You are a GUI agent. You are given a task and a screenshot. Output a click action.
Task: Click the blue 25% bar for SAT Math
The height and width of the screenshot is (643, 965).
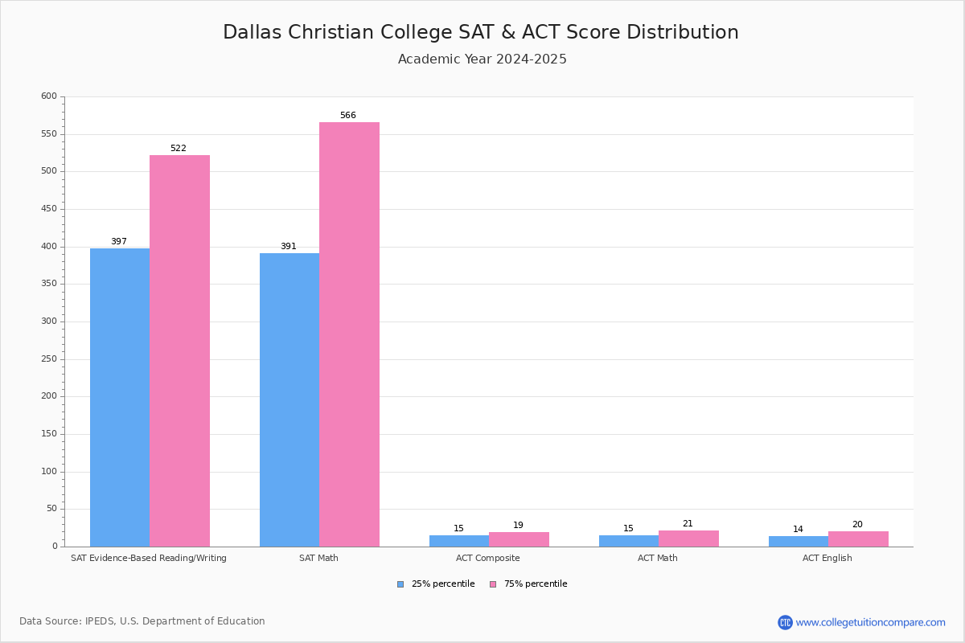tap(289, 399)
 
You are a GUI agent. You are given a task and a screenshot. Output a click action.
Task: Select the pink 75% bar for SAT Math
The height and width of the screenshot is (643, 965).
tap(349, 334)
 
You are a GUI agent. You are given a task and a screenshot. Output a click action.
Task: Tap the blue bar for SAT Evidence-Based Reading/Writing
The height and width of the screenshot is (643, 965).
tap(120, 398)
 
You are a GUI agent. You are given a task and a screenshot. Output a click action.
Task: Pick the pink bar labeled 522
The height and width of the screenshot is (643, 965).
tap(179, 351)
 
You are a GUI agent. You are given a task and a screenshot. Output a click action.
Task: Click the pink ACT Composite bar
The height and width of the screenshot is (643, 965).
tap(519, 539)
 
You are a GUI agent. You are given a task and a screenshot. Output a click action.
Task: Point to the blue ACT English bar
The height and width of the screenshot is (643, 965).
tap(799, 542)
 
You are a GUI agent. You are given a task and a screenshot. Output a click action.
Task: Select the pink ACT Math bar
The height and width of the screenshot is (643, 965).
tap(689, 539)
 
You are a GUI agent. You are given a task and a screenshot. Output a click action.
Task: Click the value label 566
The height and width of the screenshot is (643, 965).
tap(348, 115)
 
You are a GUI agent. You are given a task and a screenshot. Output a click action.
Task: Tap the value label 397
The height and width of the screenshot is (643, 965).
tap(119, 241)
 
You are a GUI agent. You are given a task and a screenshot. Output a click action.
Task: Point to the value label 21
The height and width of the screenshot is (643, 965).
tap(688, 523)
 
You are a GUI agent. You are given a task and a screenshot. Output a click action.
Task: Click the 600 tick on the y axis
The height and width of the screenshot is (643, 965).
tap(49, 96)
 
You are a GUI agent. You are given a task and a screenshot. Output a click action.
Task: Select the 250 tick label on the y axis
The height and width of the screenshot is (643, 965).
tap(49, 358)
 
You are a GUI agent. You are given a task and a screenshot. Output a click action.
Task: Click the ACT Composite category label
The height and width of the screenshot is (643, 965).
tap(487, 558)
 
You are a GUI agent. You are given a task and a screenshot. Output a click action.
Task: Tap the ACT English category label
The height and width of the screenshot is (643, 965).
tap(827, 558)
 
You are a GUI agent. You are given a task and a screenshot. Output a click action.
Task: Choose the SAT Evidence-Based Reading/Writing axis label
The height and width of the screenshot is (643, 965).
tap(149, 558)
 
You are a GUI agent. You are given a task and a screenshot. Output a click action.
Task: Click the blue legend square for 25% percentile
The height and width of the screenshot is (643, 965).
tap(400, 584)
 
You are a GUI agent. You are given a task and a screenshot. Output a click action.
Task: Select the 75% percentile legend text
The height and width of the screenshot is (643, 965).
tap(536, 584)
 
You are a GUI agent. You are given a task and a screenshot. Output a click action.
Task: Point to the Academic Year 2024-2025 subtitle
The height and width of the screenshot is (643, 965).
tap(482, 59)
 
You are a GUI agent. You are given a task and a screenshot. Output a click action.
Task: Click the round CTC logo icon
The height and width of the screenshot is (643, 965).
tap(785, 622)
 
